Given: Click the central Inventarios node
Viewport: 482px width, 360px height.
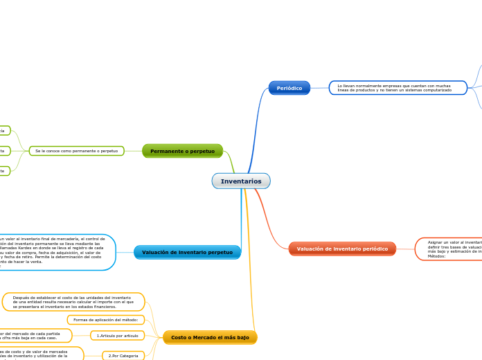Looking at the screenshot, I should pyautogui.click(x=241, y=181).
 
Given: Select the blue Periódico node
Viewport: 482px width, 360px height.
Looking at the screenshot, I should pyautogui.click(x=289, y=88).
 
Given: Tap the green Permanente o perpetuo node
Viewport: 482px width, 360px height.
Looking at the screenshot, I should pyautogui.click(x=182, y=151).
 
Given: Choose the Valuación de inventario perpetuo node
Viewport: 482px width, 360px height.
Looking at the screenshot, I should pyautogui.click(x=187, y=252).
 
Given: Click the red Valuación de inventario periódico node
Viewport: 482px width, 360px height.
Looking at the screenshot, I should pyautogui.click(x=342, y=249).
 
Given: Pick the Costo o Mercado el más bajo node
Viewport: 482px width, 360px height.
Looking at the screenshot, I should pyautogui.click(x=210, y=337).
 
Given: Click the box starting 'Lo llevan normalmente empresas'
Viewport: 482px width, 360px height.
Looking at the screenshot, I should pyautogui.click(x=398, y=88).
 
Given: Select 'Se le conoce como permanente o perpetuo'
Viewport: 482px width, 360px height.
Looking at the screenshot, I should pyautogui.click(x=76, y=151).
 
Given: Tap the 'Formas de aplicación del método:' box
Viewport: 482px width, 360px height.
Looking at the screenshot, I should pyautogui.click(x=105, y=320).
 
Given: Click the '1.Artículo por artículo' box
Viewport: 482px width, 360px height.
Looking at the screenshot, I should pyautogui.click(x=118, y=336).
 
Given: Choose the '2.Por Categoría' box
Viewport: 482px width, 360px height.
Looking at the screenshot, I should pyautogui.click(x=123, y=356).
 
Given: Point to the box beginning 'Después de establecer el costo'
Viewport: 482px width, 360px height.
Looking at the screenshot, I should pyautogui.click(x=73, y=302).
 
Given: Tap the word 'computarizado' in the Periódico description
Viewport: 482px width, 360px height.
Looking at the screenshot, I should pyautogui.click(x=435, y=91).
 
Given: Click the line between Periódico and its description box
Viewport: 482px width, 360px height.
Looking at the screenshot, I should pyautogui.click(x=319, y=88).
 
